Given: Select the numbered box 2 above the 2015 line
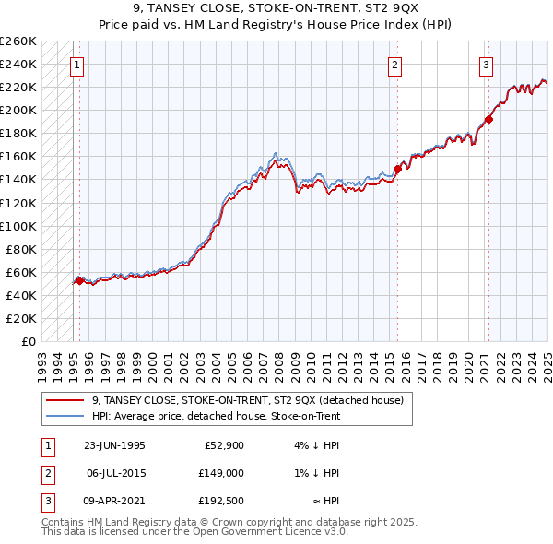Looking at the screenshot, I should click(x=394, y=65).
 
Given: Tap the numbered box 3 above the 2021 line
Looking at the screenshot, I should click(x=486, y=65).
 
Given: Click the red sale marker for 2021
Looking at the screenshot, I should click(x=489, y=119).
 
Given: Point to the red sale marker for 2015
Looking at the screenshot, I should click(x=398, y=169).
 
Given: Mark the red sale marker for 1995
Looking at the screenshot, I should click(x=79, y=279).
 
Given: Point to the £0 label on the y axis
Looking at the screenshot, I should click(x=27, y=341).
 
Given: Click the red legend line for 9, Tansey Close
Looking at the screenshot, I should click(x=65, y=401).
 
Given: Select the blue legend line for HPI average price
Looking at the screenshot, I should click(x=65, y=416).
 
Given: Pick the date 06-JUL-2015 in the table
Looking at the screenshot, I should click(x=114, y=473).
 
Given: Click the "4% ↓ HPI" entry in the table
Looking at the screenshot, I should click(x=315, y=445).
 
